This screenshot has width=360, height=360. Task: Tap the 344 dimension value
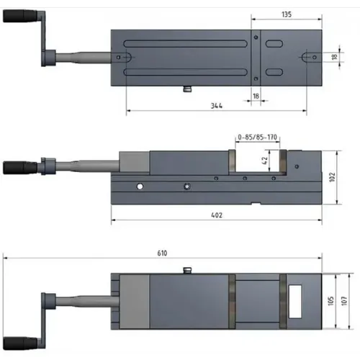point(216,106)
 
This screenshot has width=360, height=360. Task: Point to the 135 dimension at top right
point(286,14)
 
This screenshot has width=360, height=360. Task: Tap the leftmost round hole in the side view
point(140,186)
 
